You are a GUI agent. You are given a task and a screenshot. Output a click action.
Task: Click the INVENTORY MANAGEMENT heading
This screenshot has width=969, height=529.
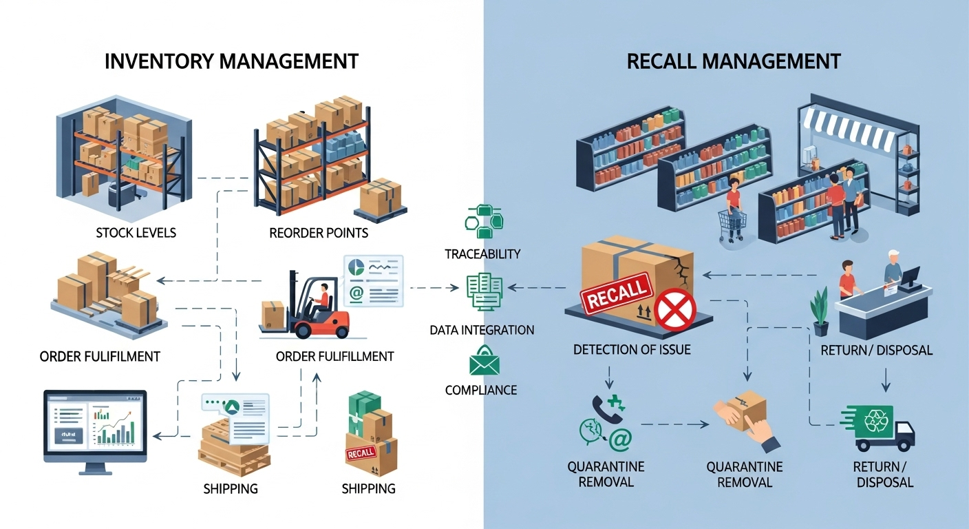pyautogui.click(x=231, y=61)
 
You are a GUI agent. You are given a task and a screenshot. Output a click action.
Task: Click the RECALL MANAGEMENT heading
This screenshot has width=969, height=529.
pyautogui.click(x=734, y=61)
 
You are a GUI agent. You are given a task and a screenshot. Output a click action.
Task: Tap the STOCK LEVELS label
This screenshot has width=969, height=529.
pyautogui.click(x=136, y=233)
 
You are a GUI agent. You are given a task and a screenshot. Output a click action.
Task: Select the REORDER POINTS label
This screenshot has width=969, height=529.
pyautogui.click(x=319, y=233)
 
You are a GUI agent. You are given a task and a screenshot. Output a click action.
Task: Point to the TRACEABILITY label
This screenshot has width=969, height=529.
pyautogui.click(x=482, y=254)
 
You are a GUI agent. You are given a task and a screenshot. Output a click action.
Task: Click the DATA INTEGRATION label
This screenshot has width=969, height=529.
pyautogui.click(x=482, y=330)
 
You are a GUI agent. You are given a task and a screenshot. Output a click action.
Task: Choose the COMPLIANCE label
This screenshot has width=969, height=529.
pyautogui.click(x=481, y=390)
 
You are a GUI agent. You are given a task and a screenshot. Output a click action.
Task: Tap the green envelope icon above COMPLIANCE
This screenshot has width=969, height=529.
pyautogui.click(x=484, y=362)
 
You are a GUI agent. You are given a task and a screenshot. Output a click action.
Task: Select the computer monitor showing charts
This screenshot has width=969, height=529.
pyautogui.click(x=95, y=427)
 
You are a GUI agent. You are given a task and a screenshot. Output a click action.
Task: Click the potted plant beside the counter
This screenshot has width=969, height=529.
pyautogui.click(x=820, y=311)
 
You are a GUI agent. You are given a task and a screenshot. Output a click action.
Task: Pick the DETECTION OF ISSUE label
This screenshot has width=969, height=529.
pyautogui.click(x=632, y=350)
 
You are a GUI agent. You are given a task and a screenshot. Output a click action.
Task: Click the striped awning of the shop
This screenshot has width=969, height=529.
pyautogui.click(x=848, y=129)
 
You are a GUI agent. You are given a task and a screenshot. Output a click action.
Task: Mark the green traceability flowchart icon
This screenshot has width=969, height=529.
pyautogui.click(x=482, y=221)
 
